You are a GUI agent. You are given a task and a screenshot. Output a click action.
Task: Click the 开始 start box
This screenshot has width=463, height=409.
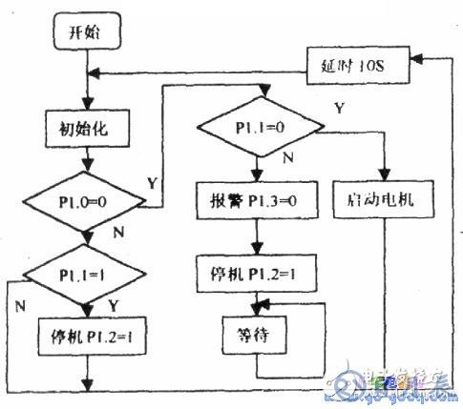(84, 32)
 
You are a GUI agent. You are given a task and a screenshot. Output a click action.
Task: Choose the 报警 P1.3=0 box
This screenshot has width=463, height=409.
(255, 202)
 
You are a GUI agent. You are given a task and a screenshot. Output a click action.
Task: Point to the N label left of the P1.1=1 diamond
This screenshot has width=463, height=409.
(21, 308)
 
